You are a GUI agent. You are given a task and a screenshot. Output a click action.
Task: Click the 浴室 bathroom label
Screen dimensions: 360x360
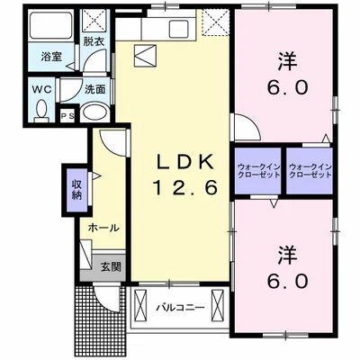coord(50,57)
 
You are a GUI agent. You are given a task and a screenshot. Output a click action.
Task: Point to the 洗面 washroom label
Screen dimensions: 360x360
coord(95,90)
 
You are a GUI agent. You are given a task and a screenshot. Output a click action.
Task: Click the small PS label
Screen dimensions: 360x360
coord(66,116)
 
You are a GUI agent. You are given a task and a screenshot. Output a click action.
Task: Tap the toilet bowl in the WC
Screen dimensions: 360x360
coord(42,110)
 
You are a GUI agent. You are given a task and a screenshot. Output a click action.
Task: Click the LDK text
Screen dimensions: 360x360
coord(185,162)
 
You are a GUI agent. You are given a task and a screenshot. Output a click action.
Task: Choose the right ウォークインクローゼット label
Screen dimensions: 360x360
coord(311,171)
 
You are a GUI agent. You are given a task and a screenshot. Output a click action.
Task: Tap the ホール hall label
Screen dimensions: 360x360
coord(103,228)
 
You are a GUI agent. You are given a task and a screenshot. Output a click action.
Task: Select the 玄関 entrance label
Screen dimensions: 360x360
coord(111,266)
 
